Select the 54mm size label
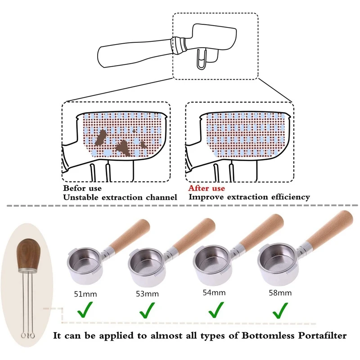coord(214,292)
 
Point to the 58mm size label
coord(280,292)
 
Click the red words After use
coord(207,188)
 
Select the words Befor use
coord(82,188)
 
